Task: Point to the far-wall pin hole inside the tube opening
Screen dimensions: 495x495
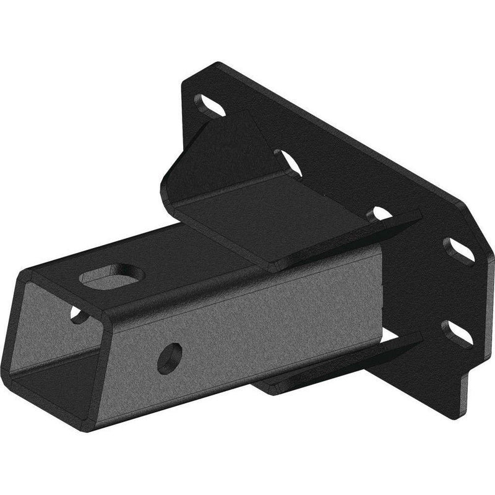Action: pos(77,314)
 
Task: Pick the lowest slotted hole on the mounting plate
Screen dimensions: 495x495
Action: pos(457,332)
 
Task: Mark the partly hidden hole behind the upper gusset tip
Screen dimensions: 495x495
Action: pos(379,214)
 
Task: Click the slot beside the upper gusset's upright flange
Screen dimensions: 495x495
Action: pos(288,162)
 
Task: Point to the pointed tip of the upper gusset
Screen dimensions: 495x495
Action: pos(418,216)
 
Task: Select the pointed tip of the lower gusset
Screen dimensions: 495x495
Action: pos(418,338)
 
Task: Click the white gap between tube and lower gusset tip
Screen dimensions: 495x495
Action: pos(396,337)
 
